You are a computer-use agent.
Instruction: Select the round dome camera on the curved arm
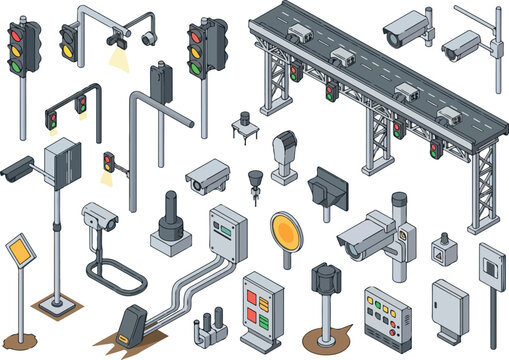[x=150, y=38]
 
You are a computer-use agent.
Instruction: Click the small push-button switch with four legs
[x=242, y=125]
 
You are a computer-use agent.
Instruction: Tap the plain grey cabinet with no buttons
[x=448, y=306]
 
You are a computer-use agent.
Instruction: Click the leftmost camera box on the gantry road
[x=299, y=36]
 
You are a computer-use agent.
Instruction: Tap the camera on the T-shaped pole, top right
[x=461, y=43]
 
